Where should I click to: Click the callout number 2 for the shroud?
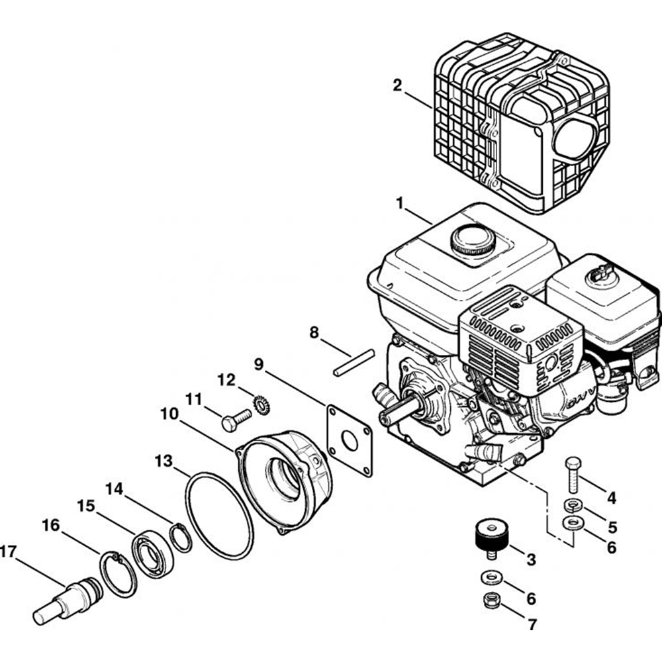pyautogui.click(x=397, y=85)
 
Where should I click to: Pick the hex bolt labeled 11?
pyautogui.click(x=236, y=420)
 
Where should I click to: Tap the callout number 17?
pyautogui.click(x=8, y=551)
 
